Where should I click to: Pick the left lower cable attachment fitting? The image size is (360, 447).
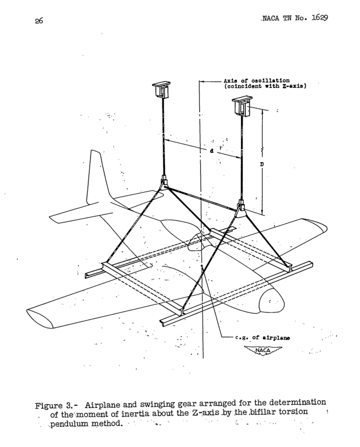[164, 184]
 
